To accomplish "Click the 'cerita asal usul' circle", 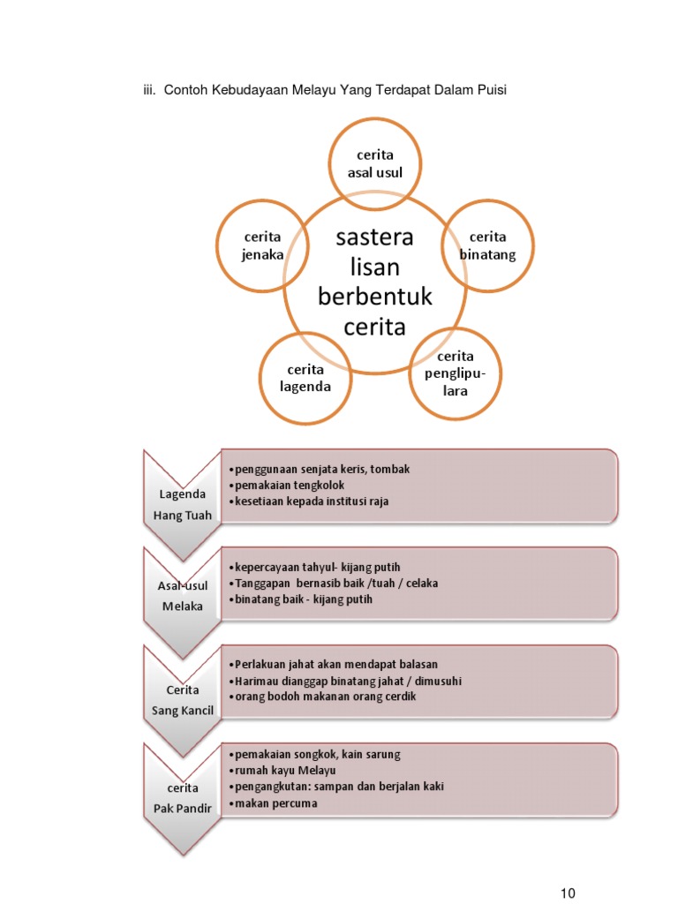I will (x=374, y=164).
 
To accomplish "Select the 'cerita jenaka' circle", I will (x=262, y=246).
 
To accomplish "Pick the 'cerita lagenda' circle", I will (x=305, y=378).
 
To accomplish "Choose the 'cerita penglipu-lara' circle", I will (x=456, y=373).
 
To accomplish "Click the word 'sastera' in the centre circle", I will (x=374, y=237).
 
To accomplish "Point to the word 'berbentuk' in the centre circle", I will (x=375, y=296).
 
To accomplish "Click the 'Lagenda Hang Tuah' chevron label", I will (x=183, y=505).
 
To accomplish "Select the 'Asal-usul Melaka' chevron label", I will (x=183, y=596).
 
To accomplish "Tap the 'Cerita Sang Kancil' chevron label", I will (x=183, y=699).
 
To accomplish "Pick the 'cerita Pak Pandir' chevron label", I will (x=183, y=797).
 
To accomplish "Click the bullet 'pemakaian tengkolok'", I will (x=288, y=486).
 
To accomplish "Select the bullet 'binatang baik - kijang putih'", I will (x=303, y=599).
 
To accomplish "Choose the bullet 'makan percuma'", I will (x=275, y=803).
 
